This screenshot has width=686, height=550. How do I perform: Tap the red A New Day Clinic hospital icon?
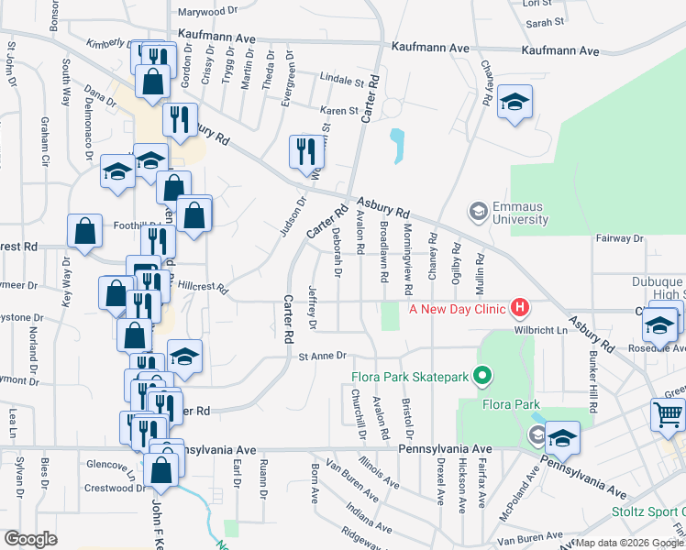[520, 307]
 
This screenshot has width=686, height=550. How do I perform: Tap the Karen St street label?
[338, 111]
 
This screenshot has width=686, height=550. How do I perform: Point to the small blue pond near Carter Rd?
[396, 146]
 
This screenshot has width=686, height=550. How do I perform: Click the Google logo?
[30, 538]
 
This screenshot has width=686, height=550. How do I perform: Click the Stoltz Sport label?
[648, 511]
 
